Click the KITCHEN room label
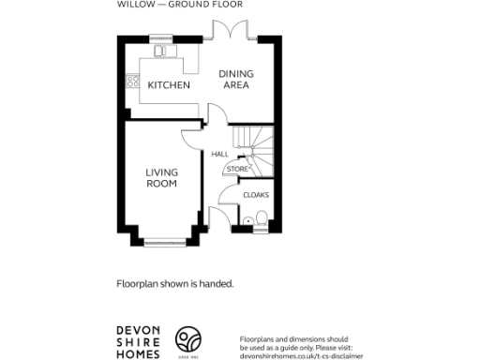169,85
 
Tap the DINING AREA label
234,80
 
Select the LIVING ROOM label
161,177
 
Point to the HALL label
220,154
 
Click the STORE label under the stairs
235,169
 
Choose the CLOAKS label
256,195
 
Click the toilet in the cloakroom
260,219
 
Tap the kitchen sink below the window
161,52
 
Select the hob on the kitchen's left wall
144,83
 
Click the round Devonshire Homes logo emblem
190,339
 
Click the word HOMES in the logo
138,353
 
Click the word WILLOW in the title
130,5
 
